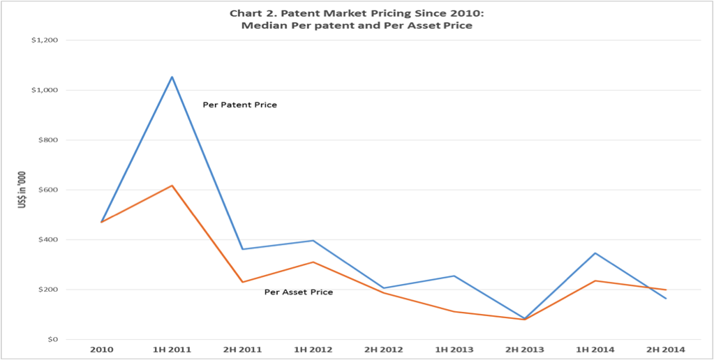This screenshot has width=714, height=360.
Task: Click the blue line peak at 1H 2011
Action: (172, 77)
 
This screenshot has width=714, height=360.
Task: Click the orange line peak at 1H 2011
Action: (172, 186)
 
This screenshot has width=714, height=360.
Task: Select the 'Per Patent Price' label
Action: (239, 105)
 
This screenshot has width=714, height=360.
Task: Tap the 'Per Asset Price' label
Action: (298, 292)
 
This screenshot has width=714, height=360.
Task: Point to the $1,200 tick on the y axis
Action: (44, 40)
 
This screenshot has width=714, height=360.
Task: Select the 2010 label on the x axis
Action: (102, 349)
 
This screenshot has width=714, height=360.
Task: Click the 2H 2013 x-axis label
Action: (524, 349)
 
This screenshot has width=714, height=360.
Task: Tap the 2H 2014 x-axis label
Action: (665, 349)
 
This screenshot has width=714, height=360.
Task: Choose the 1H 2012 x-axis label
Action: (313, 349)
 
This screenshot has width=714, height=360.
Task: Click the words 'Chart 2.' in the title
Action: (251, 13)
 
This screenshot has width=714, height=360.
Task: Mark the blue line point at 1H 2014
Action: (595, 253)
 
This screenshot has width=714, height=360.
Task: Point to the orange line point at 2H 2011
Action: (243, 282)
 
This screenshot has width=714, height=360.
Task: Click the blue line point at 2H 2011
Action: (243, 249)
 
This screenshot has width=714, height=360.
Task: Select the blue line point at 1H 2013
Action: (454, 276)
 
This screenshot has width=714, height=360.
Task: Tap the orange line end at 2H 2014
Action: (666, 290)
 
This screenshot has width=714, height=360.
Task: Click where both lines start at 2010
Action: (102, 222)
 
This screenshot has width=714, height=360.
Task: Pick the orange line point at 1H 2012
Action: (313, 262)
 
